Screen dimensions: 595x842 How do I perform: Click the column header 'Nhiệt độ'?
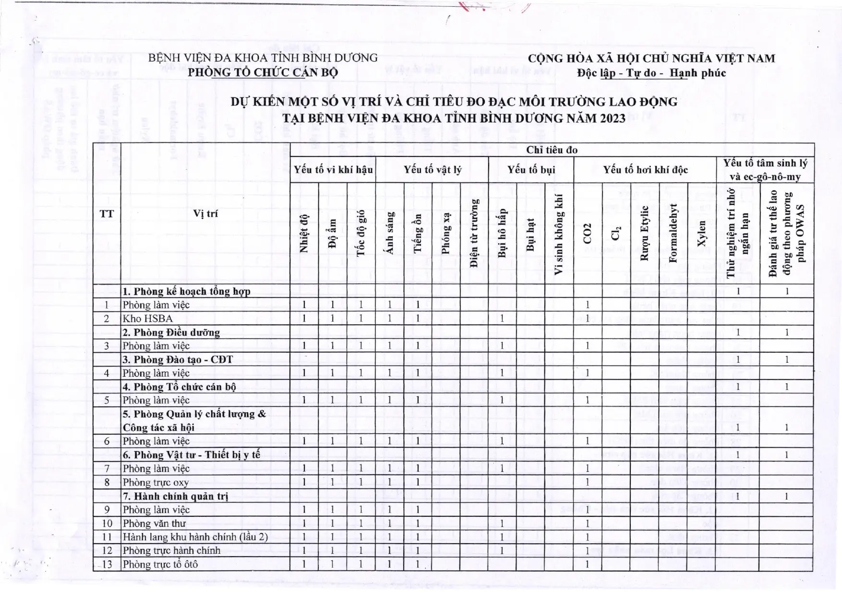point(304,233)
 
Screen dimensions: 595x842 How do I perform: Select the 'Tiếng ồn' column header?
point(418,233)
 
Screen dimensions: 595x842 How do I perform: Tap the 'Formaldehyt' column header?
point(673,233)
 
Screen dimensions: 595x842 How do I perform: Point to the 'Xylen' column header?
point(701,233)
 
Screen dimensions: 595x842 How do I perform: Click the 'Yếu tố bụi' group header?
point(531,170)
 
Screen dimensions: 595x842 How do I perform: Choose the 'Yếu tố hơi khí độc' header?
point(645,170)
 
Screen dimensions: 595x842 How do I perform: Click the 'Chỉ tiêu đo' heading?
point(552,150)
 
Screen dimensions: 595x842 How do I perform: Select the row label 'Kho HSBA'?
point(148,319)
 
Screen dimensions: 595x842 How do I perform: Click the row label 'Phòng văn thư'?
point(154,524)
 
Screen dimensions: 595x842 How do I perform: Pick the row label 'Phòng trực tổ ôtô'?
point(160,564)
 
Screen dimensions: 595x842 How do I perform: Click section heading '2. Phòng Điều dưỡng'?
point(171,333)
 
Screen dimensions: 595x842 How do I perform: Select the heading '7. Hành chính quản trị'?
point(175,496)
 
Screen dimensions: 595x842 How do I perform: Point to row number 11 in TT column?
point(107,537)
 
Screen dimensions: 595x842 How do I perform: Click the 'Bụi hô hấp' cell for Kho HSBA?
point(502,319)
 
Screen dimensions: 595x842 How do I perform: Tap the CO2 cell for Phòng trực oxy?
point(588,482)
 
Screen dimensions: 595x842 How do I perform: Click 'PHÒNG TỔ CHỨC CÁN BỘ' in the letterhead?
point(263,72)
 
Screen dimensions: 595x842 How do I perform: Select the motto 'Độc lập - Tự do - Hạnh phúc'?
point(651,73)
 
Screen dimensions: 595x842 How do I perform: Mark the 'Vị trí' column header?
point(205,214)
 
